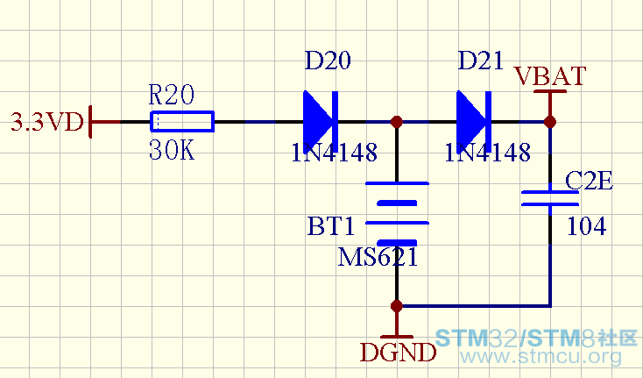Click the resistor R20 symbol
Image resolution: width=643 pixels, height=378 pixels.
point(182,122)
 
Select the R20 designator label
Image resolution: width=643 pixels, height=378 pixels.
point(171,95)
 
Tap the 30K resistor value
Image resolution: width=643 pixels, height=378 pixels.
point(172,150)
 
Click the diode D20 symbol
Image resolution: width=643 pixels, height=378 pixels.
point(321,122)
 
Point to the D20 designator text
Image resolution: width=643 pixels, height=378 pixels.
point(328,61)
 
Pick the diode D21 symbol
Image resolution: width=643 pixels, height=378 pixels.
point(474,122)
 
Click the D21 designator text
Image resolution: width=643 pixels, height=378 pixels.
point(481,61)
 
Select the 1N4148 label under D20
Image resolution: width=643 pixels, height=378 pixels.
point(335,153)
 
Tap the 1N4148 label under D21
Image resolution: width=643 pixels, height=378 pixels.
point(488,153)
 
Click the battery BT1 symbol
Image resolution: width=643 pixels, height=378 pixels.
point(397,213)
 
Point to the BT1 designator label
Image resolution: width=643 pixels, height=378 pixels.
point(330,226)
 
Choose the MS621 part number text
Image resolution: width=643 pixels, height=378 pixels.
point(378,257)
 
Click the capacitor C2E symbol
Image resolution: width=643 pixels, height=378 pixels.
point(549,198)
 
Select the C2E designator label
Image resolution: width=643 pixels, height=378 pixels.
point(589,181)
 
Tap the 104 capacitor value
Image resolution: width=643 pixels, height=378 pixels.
point(586,226)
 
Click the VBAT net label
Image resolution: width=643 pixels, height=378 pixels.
point(550,76)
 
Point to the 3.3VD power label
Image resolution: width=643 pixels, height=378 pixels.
point(47,122)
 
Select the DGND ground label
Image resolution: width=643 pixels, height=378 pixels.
point(398,353)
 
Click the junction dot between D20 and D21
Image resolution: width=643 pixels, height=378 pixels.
point(397,122)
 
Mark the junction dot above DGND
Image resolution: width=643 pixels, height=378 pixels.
point(397,306)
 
